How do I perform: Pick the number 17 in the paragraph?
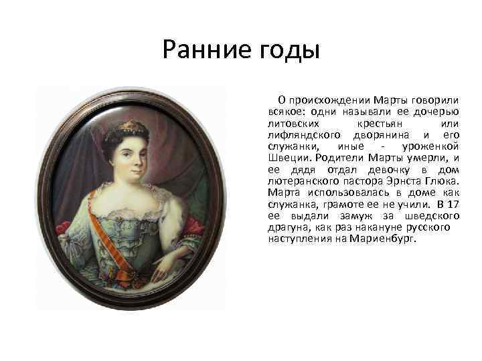(x=453, y=203)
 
